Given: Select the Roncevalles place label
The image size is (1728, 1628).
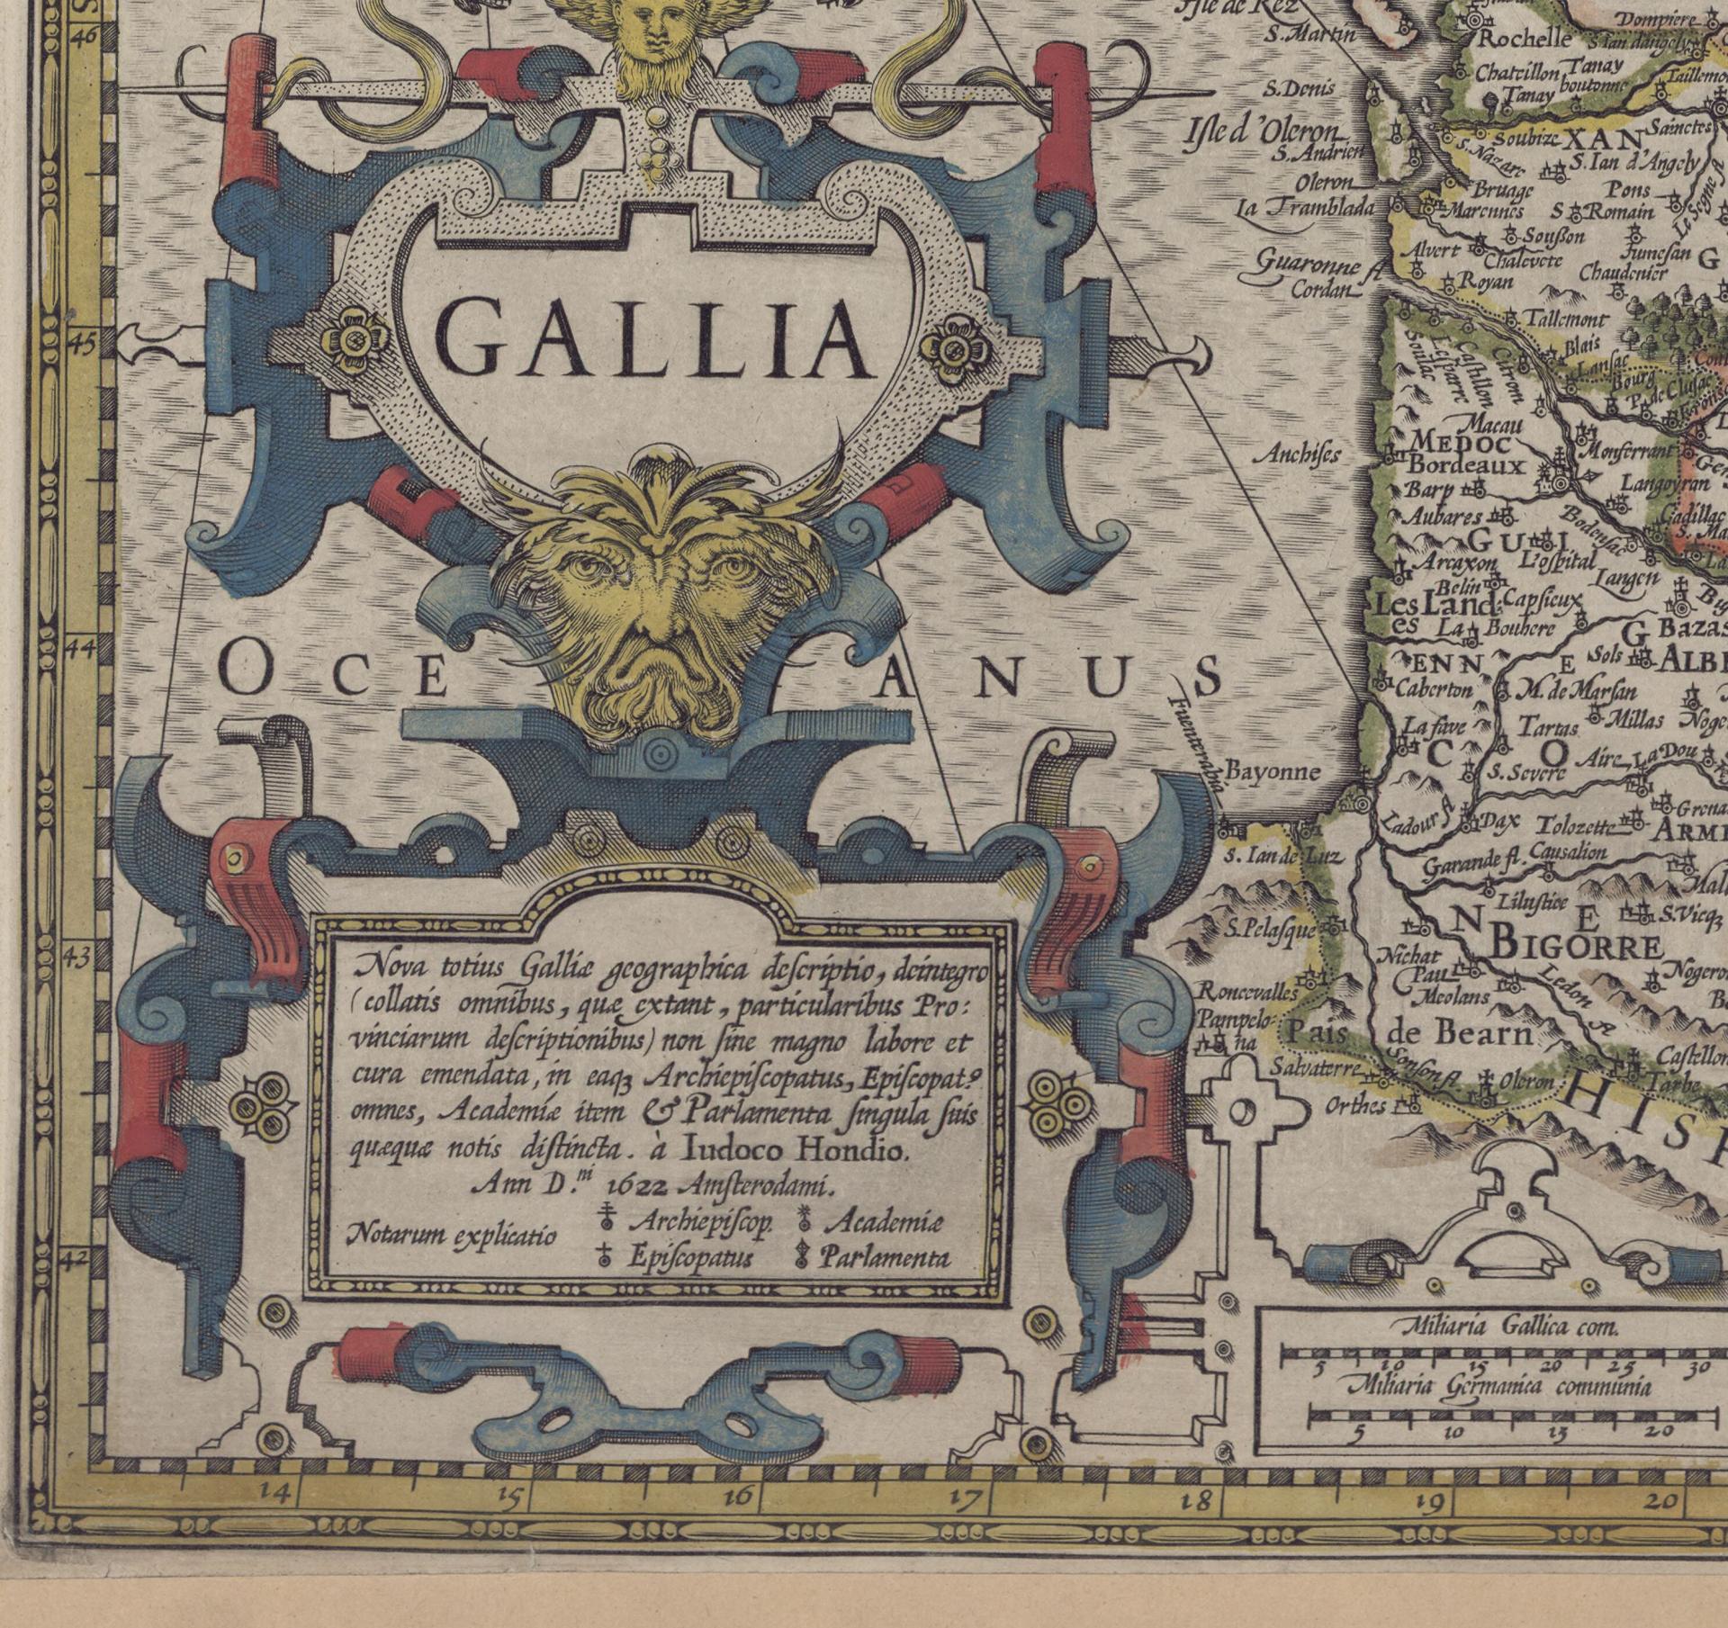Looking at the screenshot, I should (x=1247, y=993).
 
